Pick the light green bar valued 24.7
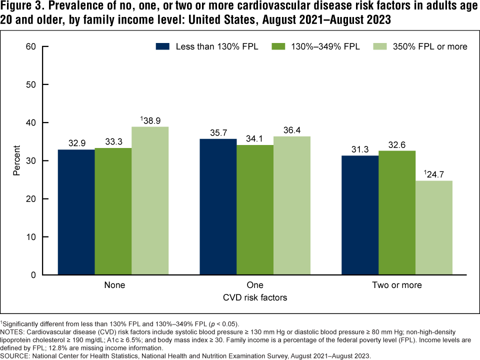click(x=433, y=227)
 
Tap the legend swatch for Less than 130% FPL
click(x=163, y=46)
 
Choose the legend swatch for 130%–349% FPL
click(x=278, y=46)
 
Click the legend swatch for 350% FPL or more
click(x=381, y=46)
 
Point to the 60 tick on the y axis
click(x=32, y=46)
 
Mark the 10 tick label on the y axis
click(x=32, y=237)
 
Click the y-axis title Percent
click(x=16, y=160)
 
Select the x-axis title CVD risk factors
click(x=255, y=297)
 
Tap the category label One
click(x=255, y=285)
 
